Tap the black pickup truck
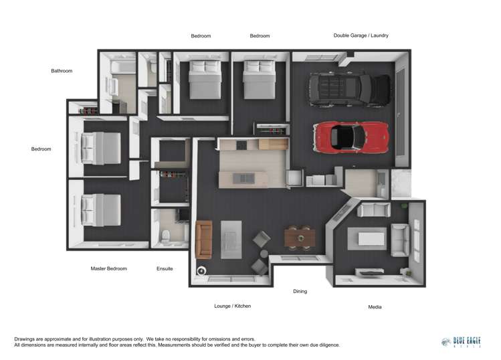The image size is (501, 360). click(349, 89)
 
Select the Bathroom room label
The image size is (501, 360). click(62, 70)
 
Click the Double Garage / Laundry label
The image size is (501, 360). click(361, 35)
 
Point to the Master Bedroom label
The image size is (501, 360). click(108, 268)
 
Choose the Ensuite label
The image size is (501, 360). click(165, 268)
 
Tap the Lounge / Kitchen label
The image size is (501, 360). click(232, 306)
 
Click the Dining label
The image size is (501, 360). click(300, 291)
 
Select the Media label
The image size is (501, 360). click(375, 307)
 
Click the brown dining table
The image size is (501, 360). click(299, 238)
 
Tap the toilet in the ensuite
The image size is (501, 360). click(166, 235)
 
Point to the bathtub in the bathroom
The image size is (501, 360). click(122, 68)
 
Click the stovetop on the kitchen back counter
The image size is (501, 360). click(241, 145)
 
